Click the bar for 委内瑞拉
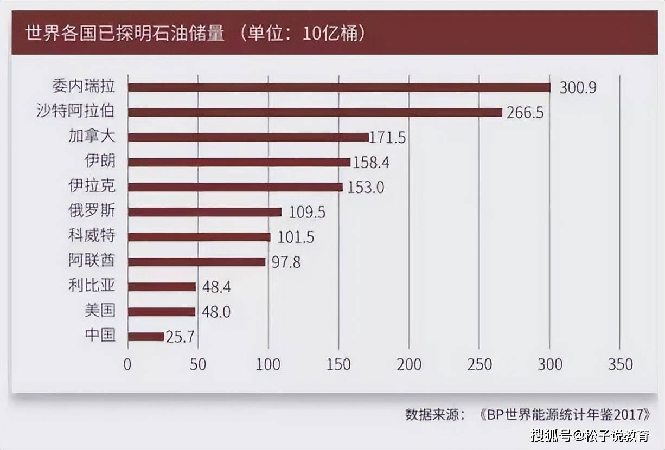[x=339, y=87]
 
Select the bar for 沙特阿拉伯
[x=315, y=112]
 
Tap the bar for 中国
[x=146, y=337]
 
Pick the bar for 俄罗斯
[x=204, y=212]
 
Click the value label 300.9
[x=578, y=88]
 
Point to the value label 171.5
[x=388, y=138]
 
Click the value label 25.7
[x=180, y=337]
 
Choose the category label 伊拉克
[x=92, y=187]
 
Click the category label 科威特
[x=92, y=236]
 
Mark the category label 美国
[x=100, y=311]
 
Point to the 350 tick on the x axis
[x=620, y=364]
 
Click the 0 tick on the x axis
[x=127, y=364]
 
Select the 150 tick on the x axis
[x=338, y=364]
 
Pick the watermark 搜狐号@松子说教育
[x=590, y=435]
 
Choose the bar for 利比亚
[x=162, y=287]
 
